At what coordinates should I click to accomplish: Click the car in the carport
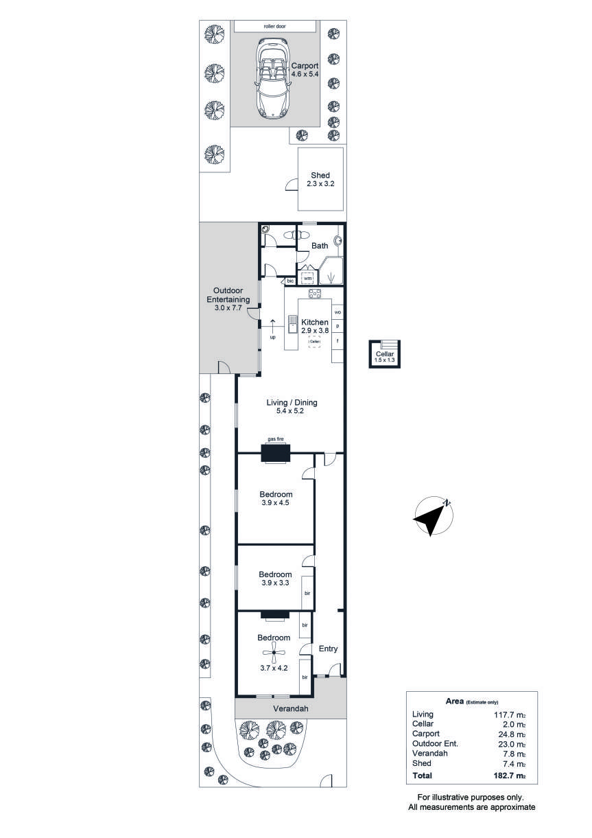coord(272,78)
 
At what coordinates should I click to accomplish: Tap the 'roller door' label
coord(275,27)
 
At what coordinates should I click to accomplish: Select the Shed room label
coord(320,175)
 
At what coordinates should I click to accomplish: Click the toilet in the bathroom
coord(296,235)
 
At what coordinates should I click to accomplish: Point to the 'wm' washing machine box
coord(307,278)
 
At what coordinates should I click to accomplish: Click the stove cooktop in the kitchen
coord(314,294)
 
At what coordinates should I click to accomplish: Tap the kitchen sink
coord(292,324)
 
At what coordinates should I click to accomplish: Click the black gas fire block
coord(275,453)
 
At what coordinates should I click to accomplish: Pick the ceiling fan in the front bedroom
coord(274,652)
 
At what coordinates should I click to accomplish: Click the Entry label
coord(328,649)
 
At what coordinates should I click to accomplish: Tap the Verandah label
coord(291,708)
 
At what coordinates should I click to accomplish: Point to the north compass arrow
coord(433,517)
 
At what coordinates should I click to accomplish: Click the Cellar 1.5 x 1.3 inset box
coord(384,354)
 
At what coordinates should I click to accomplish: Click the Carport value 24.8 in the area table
coord(510,734)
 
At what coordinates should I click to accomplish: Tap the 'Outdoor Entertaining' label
coord(228,295)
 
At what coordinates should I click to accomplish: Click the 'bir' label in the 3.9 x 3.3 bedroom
coord(307,593)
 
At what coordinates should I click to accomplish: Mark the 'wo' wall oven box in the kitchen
coord(338,312)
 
